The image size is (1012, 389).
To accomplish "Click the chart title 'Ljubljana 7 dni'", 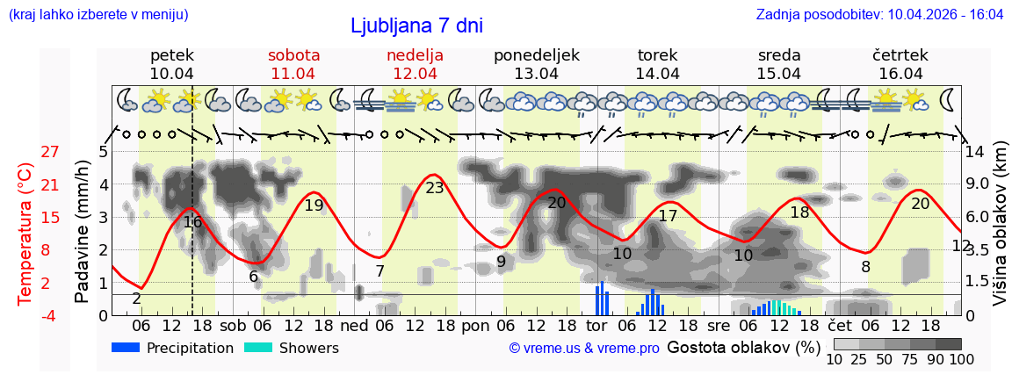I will [416, 25].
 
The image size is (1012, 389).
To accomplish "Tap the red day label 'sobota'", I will [293, 55].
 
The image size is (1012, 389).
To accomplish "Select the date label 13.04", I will [536, 74].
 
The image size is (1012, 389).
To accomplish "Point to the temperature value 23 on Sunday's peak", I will [435, 187].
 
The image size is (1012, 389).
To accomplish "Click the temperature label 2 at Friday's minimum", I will [136, 299].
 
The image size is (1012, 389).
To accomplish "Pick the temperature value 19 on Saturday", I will [314, 205].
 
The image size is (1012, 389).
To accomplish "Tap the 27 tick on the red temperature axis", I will [50, 151].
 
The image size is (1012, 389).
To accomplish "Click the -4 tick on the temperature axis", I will [50, 315].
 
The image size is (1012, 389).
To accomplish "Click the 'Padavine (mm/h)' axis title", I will [82, 232].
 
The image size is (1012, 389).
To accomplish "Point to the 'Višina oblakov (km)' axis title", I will [1000, 234].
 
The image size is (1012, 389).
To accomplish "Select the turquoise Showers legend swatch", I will [257, 348].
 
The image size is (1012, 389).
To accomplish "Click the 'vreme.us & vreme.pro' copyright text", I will [584, 349].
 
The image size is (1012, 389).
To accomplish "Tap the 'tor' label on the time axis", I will [596, 326].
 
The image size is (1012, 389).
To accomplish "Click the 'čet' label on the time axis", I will [838, 326].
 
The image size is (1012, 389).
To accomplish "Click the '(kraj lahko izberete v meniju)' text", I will [98, 14].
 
